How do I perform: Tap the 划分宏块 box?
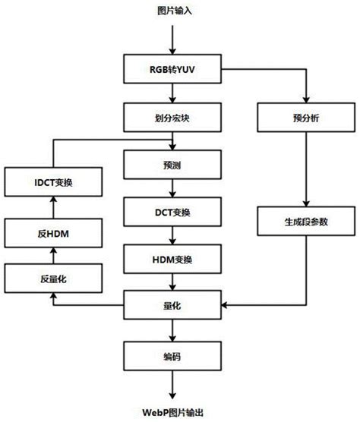(x=175, y=118)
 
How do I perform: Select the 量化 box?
(x=175, y=305)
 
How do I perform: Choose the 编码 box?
(x=175, y=352)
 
